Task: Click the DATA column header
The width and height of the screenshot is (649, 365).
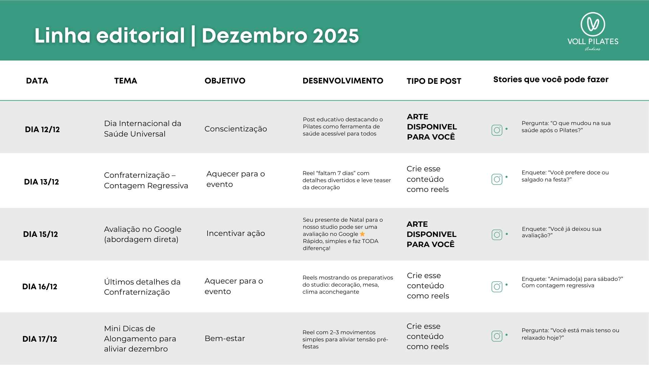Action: (37, 81)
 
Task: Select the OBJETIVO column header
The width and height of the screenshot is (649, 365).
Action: (225, 81)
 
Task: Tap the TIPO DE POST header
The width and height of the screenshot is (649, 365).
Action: (434, 81)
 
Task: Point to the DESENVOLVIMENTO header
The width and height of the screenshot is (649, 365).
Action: (343, 81)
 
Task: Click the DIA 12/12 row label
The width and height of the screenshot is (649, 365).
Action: (42, 129)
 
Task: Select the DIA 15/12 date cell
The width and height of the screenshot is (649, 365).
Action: (41, 234)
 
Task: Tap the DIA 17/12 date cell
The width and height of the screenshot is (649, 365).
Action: (40, 339)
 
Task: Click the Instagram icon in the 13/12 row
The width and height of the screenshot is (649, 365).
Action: (497, 179)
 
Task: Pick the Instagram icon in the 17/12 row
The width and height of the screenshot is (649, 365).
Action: (497, 336)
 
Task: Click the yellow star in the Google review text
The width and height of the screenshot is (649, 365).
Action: (362, 234)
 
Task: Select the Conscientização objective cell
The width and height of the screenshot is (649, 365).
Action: (236, 129)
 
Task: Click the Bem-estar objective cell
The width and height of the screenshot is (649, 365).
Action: (225, 338)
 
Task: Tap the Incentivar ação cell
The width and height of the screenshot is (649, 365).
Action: (236, 233)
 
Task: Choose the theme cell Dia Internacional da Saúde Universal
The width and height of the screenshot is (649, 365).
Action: (143, 129)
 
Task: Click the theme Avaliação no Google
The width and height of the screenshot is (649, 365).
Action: (143, 234)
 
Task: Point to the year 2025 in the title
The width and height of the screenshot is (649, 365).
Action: (336, 36)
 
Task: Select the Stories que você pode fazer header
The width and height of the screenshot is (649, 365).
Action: (551, 80)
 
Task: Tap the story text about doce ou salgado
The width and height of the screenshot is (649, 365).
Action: (565, 176)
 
